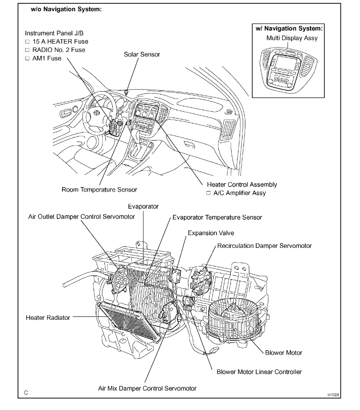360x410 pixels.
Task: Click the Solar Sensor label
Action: click(x=142, y=54)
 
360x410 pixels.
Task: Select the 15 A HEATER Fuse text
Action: click(x=60, y=42)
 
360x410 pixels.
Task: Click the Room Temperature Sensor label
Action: click(x=99, y=190)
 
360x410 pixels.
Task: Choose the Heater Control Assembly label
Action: click(x=242, y=185)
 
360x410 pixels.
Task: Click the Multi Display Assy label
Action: click(x=291, y=38)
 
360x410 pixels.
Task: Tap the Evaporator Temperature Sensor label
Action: click(x=216, y=217)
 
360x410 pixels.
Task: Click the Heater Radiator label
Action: click(x=48, y=317)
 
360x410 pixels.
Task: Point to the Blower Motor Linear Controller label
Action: click(x=259, y=371)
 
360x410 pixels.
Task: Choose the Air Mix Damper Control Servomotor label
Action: click(x=146, y=388)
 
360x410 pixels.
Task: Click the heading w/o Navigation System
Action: click(x=67, y=10)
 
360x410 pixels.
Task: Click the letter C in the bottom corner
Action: click(x=26, y=392)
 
